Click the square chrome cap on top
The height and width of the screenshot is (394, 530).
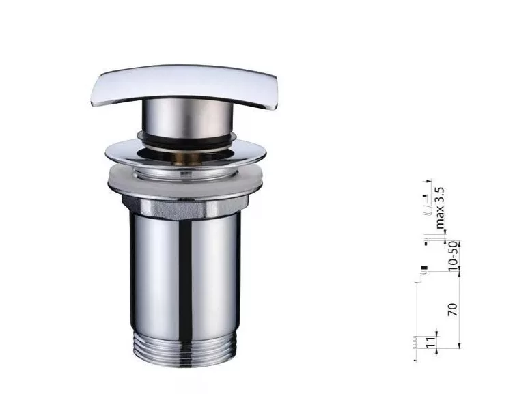(x=184, y=85)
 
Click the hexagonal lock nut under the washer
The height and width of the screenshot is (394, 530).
(x=184, y=207)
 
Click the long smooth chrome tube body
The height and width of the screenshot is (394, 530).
(x=185, y=274)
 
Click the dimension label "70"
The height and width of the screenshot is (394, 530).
(x=452, y=309)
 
